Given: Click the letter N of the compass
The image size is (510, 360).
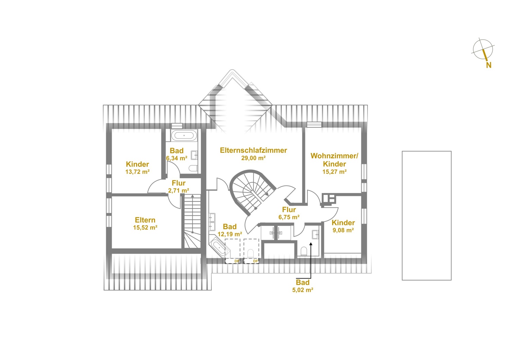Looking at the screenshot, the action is [489, 65].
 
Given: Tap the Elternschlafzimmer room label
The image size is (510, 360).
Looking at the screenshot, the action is [253, 150].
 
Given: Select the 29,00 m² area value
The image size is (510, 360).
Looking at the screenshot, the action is [253, 158].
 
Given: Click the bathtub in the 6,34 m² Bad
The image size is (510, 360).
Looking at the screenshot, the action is [184, 136].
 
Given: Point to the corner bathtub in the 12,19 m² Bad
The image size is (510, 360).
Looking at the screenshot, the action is [219, 247].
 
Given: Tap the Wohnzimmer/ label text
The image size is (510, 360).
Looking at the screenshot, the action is [334, 156].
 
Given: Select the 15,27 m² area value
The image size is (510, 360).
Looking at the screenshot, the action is [335, 172].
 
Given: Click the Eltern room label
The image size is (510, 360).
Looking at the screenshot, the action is [145, 220].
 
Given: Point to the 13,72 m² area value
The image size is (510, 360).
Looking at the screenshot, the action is [137, 172].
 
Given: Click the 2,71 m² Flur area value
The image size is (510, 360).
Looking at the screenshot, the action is [178, 190].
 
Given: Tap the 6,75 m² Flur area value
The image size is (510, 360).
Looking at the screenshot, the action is [289, 217].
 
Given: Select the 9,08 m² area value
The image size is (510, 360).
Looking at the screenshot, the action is [343, 230].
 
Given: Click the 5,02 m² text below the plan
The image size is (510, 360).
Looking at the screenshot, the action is [303, 290].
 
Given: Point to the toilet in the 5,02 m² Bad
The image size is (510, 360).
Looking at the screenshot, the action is [304, 252].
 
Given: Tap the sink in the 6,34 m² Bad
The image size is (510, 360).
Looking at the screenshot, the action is [194, 155].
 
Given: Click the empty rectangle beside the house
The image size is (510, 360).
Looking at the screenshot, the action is [426, 216].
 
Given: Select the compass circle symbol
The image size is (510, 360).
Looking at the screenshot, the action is [483, 49].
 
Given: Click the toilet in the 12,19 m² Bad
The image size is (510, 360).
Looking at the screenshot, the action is [251, 254].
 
